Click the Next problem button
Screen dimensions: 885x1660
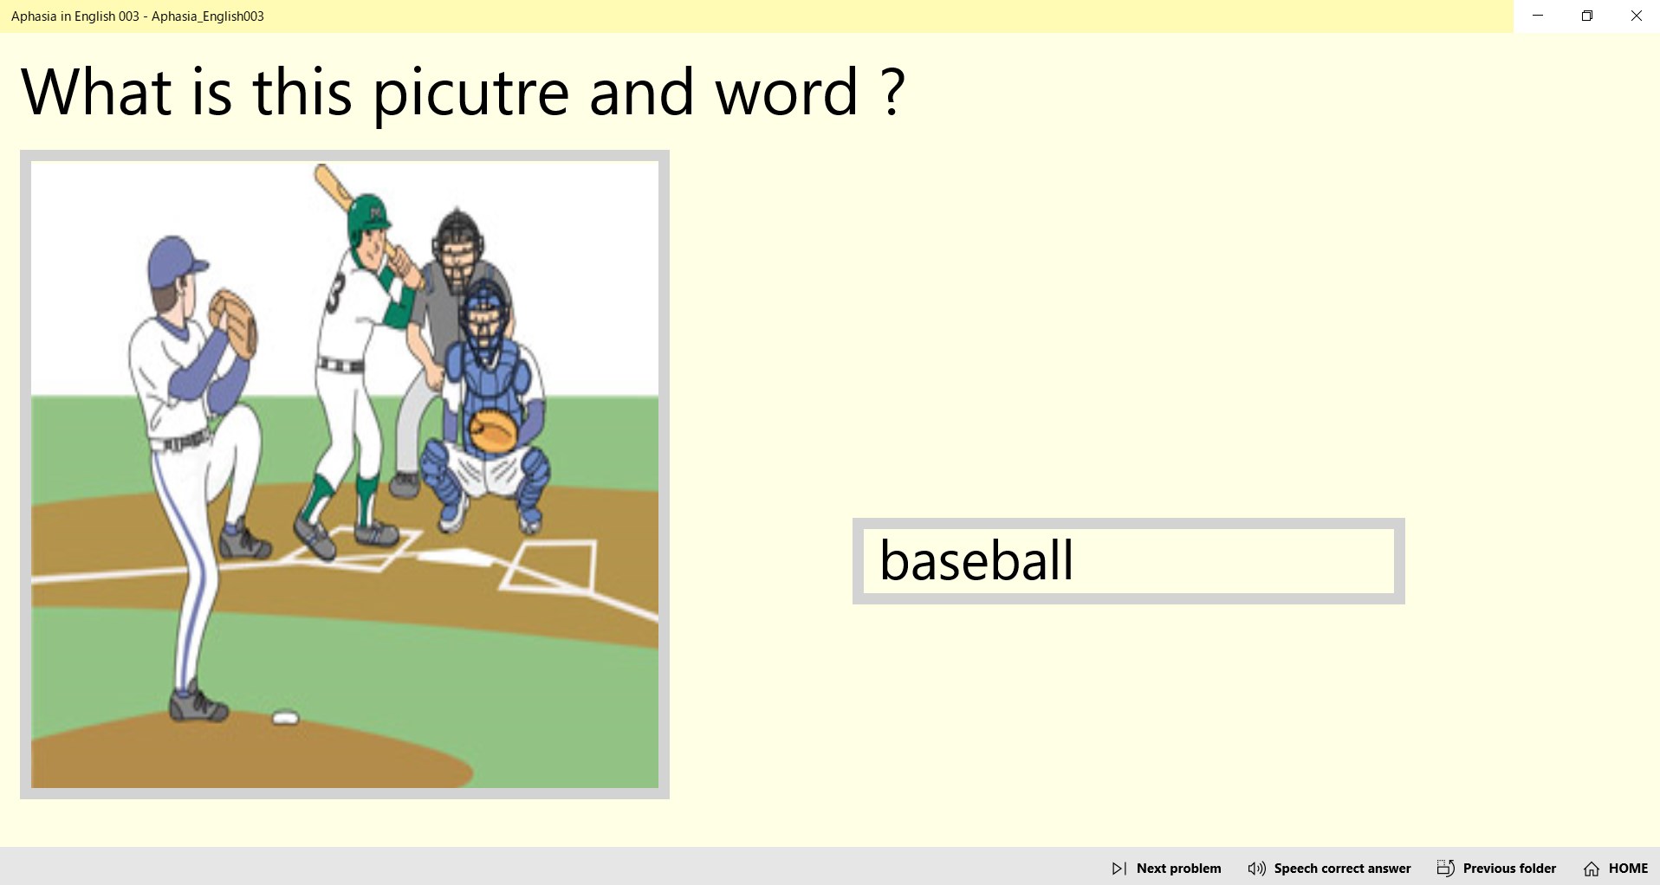coord(1166,868)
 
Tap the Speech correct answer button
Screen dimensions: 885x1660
coord(1329,868)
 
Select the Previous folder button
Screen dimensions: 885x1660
coord(1496,868)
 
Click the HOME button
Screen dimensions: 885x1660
coord(1616,868)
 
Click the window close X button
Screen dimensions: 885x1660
coord(1636,16)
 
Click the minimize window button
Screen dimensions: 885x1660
coord(1538,16)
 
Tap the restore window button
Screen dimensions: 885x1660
coord(1586,16)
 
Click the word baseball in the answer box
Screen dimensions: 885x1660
coord(976,560)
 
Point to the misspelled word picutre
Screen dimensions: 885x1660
coord(470,92)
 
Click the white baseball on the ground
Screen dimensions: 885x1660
coord(285,718)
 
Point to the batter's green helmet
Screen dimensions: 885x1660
coord(368,216)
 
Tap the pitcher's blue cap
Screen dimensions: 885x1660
coord(176,260)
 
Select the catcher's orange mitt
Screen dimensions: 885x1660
coord(492,431)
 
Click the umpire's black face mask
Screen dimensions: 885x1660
coord(456,242)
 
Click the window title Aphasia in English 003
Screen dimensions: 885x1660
coord(138,16)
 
